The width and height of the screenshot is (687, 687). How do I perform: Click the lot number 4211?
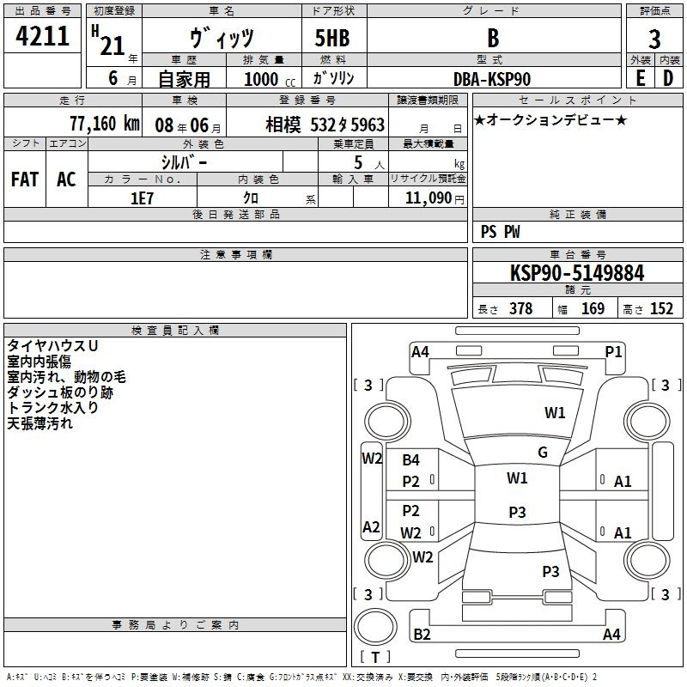tap(42, 36)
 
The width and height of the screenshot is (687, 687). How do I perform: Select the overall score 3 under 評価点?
tap(654, 40)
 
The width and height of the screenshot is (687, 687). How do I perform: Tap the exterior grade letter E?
tap(640, 78)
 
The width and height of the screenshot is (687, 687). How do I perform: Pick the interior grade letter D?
tap(668, 78)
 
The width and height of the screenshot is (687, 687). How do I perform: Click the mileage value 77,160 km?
tap(105, 124)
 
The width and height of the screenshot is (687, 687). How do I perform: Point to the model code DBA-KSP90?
tap(492, 79)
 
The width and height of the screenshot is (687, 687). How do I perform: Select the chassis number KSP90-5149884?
tap(577, 273)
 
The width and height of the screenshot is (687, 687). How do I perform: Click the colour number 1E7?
tap(142, 198)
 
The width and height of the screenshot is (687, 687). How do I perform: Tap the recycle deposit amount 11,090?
tap(428, 198)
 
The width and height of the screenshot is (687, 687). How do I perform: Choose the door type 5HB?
tap(332, 38)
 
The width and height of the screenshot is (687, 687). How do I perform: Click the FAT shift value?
tap(25, 179)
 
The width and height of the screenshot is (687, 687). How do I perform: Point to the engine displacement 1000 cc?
tap(270, 80)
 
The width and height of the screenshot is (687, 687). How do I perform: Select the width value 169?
tap(593, 309)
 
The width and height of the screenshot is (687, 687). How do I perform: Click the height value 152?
tap(661, 309)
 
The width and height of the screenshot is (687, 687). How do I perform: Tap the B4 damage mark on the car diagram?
tap(411, 460)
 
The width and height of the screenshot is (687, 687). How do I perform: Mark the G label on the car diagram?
tap(543, 453)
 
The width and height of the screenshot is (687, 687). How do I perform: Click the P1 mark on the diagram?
tap(613, 352)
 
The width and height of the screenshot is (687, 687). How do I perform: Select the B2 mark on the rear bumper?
tap(422, 635)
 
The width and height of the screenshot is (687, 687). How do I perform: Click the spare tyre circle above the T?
tap(375, 627)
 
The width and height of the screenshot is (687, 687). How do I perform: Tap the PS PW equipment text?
tap(500, 232)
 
